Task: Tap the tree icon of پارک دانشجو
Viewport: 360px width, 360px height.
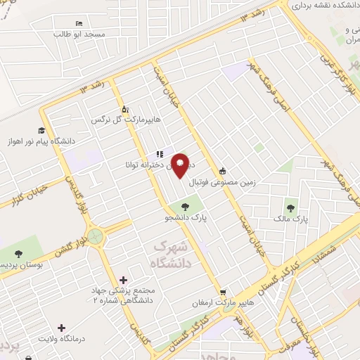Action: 185,207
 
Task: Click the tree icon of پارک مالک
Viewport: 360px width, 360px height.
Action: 290,208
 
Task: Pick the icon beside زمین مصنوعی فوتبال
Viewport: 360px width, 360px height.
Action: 223,170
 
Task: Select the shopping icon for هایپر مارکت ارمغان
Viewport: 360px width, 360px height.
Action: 223,292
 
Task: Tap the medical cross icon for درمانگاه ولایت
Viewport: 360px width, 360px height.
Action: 62,328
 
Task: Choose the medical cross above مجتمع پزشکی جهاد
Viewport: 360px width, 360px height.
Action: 124,279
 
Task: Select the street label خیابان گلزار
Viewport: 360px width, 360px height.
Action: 29,196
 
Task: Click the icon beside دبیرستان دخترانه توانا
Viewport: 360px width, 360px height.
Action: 160,154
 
